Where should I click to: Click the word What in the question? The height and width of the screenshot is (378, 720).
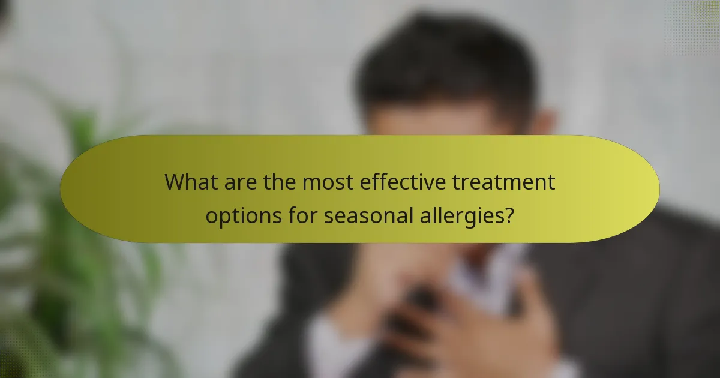tap(191, 182)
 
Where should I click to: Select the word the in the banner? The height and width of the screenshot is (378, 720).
tap(280, 182)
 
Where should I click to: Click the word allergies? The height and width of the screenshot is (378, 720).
tap(460, 215)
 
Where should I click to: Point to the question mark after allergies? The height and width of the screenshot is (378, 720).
tap(509, 215)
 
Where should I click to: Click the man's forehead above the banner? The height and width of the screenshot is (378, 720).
tap(432, 123)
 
